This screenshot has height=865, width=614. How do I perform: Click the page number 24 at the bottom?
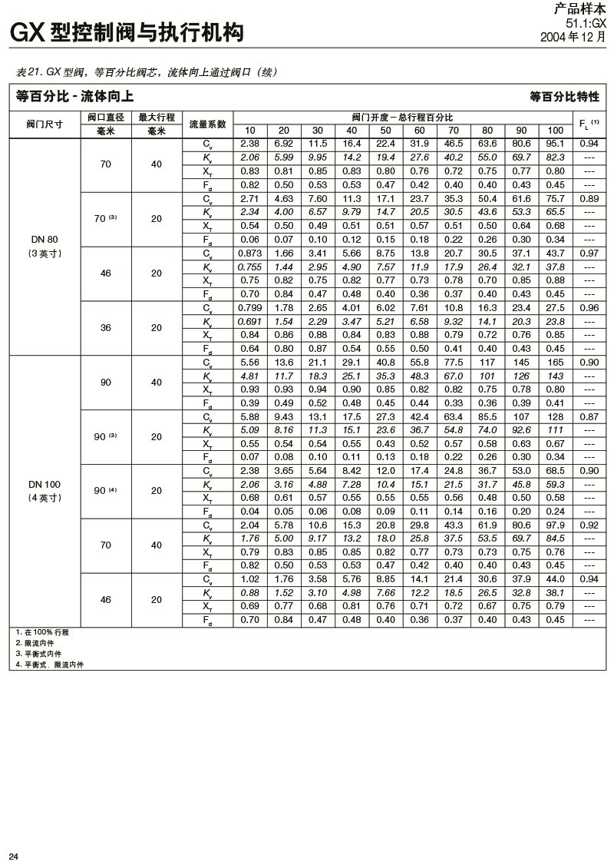coord(13,856)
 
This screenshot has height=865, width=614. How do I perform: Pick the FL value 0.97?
coord(589,254)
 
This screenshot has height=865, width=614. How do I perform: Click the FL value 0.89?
coord(589,198)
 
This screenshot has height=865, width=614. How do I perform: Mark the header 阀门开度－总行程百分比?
coord(403,118)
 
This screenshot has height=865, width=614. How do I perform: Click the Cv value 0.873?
coord(250,254)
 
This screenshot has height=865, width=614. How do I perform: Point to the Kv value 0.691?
coord(250,321)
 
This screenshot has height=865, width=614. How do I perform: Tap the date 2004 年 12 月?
coord(573,36)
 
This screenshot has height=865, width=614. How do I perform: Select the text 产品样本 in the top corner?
coord(579,10)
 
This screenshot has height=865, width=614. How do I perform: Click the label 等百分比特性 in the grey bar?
coord(564,97)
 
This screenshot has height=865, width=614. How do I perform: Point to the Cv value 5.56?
coord(250,363)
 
